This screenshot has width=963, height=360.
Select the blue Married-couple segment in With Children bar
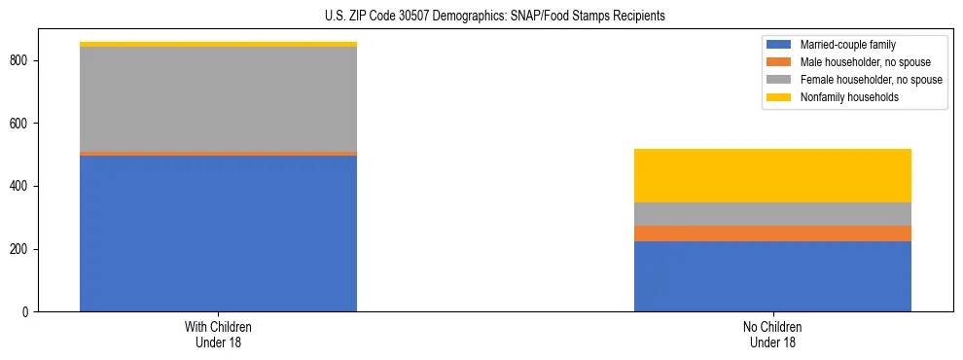(x=218, y=234)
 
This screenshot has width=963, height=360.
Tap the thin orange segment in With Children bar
(x=218, y=154)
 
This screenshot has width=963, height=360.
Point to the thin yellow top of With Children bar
(x=218, y=44)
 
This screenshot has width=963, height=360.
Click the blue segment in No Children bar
(x=772, y=276)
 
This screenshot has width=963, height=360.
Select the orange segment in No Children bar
(x=772, y=234)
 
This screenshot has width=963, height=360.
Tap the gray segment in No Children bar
(x=772, y=214)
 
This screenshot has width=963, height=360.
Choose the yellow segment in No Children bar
(x=772, y=175)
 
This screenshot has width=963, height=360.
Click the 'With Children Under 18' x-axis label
(x=218, y=334)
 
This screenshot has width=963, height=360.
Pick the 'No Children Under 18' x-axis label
(x=772, y=334)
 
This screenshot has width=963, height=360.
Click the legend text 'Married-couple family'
(x=847, y=45)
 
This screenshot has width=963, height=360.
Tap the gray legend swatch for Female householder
(x=779, y=80)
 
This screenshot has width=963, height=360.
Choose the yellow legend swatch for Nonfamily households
(x=779, y=97)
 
